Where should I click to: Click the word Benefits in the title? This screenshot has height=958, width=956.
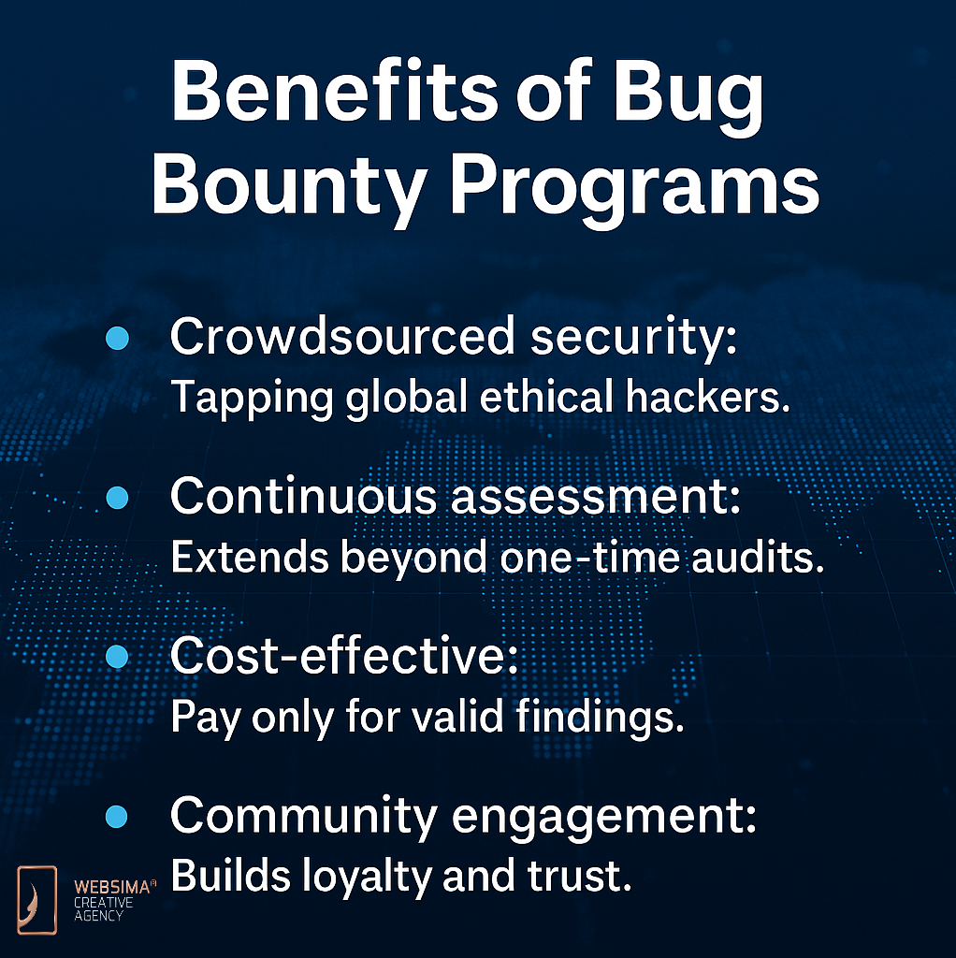tap(335, 92)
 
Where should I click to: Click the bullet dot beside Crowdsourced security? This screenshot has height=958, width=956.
tap(117, 338)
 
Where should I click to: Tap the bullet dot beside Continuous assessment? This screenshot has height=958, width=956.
tap(117, 498)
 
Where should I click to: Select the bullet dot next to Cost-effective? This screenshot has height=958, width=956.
tap(117, 657)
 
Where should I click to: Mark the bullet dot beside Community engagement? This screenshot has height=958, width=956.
tap(117, 816)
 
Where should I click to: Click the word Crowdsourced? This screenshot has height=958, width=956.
tap(342, 336)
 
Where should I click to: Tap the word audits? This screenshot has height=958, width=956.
tap(758, 557)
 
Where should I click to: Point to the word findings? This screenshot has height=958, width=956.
tap(600, 718)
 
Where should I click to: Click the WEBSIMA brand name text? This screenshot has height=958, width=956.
tap(113, 887)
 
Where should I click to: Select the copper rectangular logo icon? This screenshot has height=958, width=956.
tap(37, 900)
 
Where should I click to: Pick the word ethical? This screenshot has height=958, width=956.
tap(546, 397)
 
